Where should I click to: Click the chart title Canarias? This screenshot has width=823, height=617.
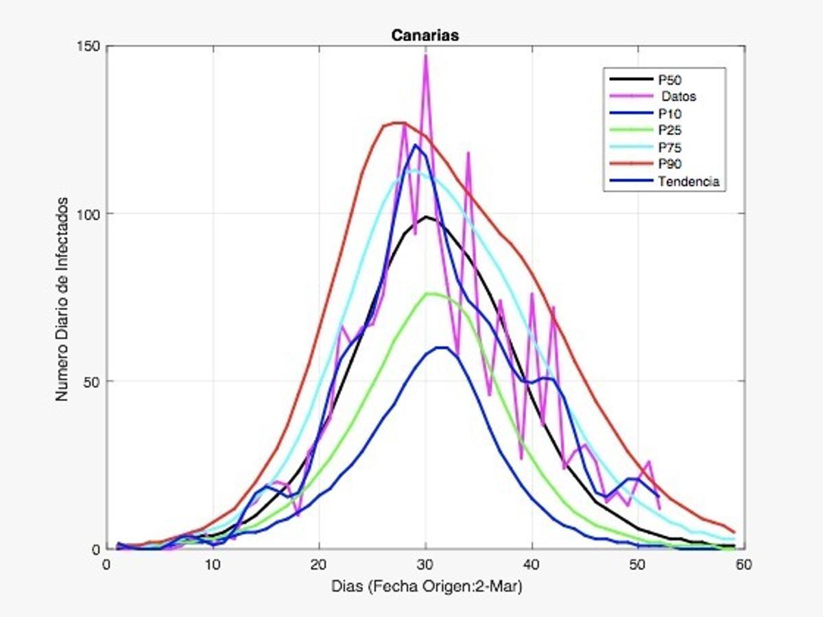click(x=425, y=35)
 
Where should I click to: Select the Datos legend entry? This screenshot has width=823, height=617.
click(x=676, y=97)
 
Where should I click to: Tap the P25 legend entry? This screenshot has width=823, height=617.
click(x=669, y=130)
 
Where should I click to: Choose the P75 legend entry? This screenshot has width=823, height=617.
click(x=669, y=147)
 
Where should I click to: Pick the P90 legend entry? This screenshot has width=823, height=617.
click(x=669, y=165)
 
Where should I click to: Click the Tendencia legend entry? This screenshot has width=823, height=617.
click(x=688, y=182)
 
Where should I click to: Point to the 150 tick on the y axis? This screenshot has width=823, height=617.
click(x=92, y=46)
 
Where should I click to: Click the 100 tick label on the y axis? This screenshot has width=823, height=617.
click(x=92, y=214)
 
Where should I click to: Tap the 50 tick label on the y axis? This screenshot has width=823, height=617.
click(x=95, y=381)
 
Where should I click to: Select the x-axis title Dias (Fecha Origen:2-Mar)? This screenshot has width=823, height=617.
click(x=425, y=587)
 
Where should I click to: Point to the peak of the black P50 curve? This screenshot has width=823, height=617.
click(x=426, y=217)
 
